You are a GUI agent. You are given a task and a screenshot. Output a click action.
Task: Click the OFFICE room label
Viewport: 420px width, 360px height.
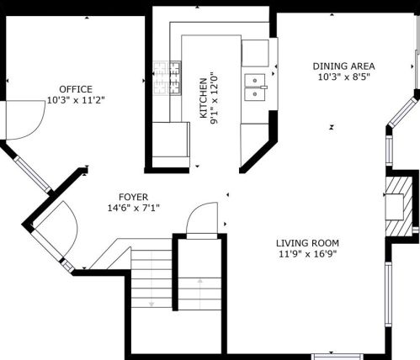click(76, 88)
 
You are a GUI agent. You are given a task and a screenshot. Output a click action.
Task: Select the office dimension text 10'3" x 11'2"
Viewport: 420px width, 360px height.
click(76, 99)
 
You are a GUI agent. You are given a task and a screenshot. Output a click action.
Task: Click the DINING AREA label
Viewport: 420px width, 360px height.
click(343, 66)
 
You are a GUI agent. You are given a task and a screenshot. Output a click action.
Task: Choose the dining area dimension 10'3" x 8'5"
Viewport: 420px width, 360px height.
click(343, 77)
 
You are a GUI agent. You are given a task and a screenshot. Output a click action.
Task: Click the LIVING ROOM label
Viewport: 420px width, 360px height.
click(307, 243)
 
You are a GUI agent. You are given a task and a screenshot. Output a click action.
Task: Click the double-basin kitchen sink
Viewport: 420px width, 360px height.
click(255, 87)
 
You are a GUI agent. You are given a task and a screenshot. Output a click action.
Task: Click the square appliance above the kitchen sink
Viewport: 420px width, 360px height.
click(255, 52)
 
